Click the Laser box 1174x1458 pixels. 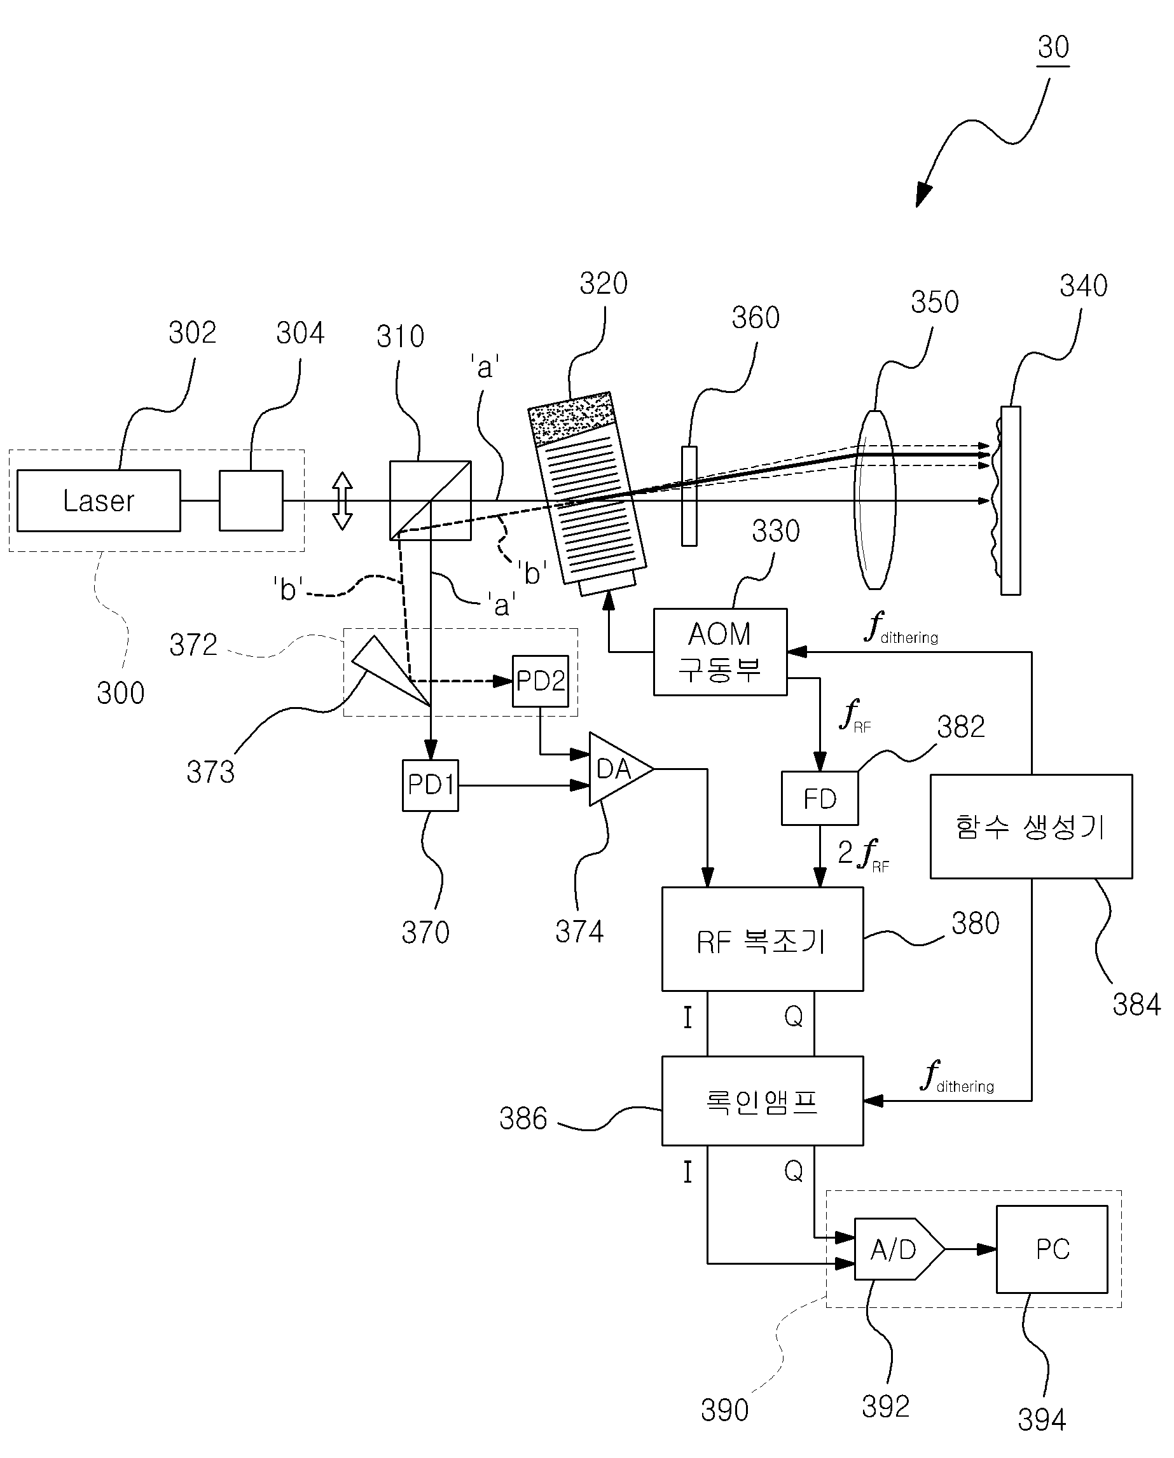99,500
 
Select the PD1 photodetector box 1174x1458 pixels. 430,785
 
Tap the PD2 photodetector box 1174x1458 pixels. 541,681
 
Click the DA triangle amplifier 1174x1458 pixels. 619,769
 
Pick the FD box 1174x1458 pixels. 820,799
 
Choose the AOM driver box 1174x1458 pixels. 720,652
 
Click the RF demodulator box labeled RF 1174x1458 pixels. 762,939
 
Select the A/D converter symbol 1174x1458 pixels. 899,1249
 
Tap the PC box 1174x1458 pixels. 1052,1249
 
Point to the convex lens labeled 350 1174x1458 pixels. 875,500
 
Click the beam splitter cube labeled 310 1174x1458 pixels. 430,500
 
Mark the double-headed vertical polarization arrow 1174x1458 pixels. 342,500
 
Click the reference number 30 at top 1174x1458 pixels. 1053,47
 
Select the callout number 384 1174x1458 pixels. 1136,1004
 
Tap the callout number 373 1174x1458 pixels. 211,772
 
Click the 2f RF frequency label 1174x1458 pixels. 864,855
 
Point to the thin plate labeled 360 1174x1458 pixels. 689,496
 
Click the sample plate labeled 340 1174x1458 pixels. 1011,500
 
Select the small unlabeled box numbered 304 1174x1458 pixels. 251,500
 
